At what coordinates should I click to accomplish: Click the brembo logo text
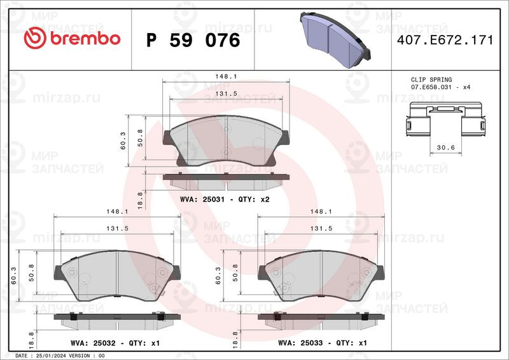[x=71, y=39]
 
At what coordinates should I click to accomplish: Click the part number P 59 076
[x=193, y=40]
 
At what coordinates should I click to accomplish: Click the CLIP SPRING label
[x=430, y=80]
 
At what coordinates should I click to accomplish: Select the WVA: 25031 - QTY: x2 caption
[x=226, y=199]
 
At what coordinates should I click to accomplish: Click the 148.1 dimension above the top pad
[x=226, y=76]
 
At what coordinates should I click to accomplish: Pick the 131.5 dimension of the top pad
[x=226, y=93]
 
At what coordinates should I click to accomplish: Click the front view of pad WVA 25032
[x=112, y=275]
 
